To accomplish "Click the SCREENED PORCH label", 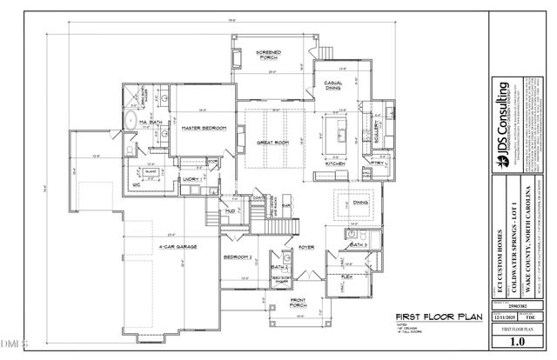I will (266, 56).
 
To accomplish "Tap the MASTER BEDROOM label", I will (204, 128).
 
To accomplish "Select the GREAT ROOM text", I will (272, 141).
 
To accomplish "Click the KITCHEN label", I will (336, 163).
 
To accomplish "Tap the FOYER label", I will (306, 246).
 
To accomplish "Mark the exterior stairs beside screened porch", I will (325, 51).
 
